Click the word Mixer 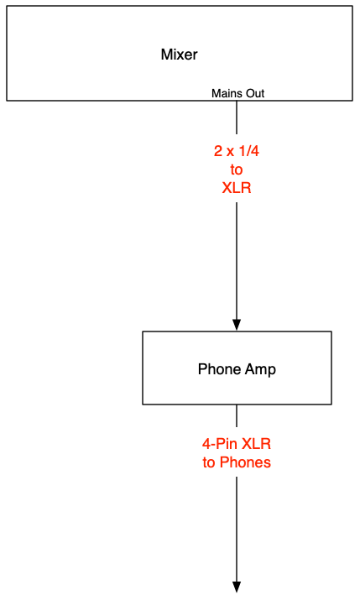coord(179,55)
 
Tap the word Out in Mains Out coord(254,93)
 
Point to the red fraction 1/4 coord(248,151)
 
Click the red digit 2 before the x coord(218,151)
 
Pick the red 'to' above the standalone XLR coord(237,170)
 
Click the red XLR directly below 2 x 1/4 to coord(237,188)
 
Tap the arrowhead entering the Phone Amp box coord(237,326)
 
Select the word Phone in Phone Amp coord(219,369)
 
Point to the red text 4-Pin coord(220,444)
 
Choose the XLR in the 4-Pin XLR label coord(257,444)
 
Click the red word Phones coord(245,462)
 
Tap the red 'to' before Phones coord(209,462)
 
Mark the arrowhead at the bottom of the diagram coord(237,587)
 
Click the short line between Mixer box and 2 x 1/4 coord(237,117)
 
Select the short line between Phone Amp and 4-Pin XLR coord(237,415)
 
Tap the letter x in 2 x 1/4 coord(230,153)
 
